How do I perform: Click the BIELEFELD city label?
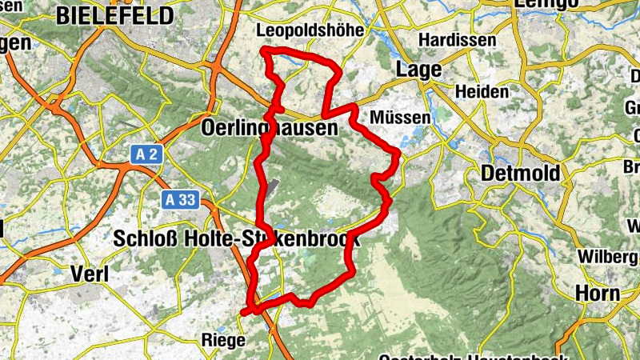115,15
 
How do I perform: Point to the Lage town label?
419,70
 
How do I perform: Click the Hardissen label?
458,39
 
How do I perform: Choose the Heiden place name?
482,92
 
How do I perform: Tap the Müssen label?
400,117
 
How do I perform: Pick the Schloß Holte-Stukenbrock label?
236,238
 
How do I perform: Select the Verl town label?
90,273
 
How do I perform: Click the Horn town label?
598,294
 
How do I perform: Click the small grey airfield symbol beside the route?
272,186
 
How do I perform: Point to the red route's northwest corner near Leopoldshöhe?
266,52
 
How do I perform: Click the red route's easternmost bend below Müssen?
398,152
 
